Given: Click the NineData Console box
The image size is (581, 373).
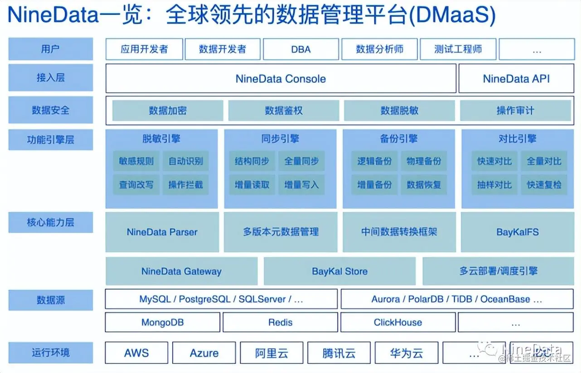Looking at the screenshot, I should point(281,79).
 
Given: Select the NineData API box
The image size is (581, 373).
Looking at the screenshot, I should point(516,79).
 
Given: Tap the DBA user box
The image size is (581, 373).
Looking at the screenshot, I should point(300,49).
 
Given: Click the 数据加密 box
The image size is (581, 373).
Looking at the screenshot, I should point(168,110).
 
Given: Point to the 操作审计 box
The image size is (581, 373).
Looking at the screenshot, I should point(515,110).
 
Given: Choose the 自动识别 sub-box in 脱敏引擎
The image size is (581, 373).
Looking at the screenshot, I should point(186,161).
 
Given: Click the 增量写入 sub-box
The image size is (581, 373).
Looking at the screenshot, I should point(301,185).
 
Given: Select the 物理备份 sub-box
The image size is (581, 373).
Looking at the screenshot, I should point(424,161).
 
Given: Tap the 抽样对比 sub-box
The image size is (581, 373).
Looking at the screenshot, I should point(494,185).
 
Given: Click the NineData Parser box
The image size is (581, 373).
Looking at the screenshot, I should point(162,232).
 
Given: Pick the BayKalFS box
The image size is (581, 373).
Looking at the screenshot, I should point(518,232).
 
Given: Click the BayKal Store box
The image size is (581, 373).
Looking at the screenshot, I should point(339,272).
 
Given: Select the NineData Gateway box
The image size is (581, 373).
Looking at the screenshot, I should point(181,272).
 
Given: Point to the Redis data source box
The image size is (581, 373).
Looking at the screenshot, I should point(280,323).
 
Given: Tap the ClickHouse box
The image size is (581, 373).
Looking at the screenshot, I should point(397,323).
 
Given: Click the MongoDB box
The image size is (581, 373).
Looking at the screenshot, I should point(162,323).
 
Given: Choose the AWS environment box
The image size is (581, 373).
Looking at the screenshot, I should point(136,353).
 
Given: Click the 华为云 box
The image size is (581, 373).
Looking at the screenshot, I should point(406,353).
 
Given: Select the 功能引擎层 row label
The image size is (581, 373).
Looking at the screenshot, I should point(50,140).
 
